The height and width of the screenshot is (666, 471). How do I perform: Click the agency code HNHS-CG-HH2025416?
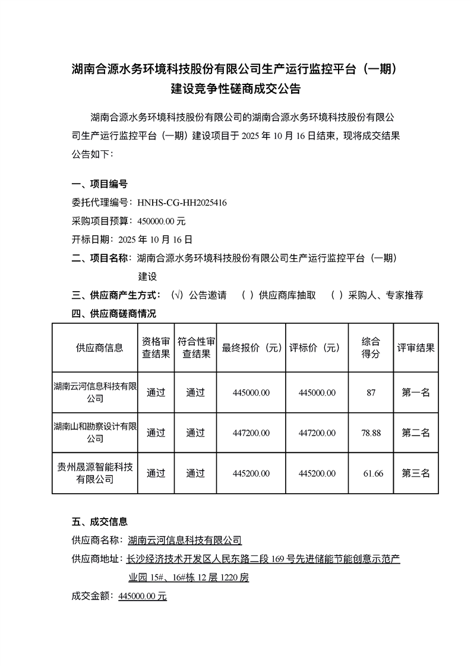coord(182,203)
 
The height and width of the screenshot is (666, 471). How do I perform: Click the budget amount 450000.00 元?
coord(162,221)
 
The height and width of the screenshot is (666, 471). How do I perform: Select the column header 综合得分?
coord(371,348)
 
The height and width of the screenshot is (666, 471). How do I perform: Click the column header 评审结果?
coord(416,348)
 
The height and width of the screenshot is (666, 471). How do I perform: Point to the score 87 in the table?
coord(371,392)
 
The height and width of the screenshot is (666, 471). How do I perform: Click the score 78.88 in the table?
coord(371,433)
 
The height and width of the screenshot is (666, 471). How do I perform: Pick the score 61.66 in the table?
coord(373,473)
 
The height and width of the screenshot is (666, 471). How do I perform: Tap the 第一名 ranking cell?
coord(416,392)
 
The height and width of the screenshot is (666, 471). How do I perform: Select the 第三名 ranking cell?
coord(416,473)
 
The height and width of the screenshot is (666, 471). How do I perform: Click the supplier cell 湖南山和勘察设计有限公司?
coord(95,433)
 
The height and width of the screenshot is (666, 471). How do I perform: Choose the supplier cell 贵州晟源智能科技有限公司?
coord(95,473)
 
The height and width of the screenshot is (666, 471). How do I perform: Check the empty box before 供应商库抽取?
coord(248,295)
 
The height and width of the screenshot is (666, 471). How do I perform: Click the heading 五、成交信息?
coord(99,522)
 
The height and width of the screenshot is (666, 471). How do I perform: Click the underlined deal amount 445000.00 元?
coord(143,595)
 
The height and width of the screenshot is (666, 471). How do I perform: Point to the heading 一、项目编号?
coord(99,184)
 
